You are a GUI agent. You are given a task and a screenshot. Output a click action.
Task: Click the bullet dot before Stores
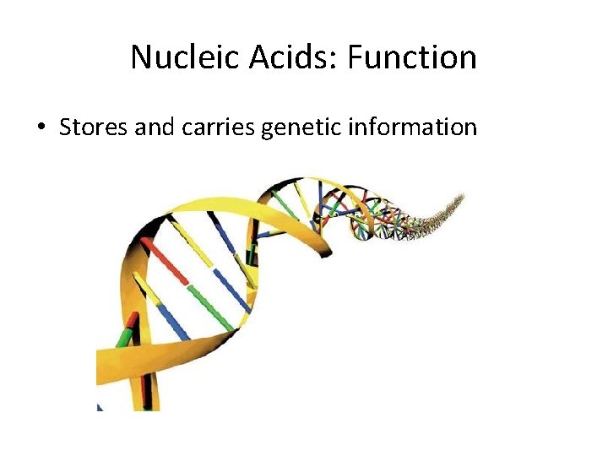(40, 128)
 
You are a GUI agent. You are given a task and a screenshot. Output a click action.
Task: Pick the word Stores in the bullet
(91, 128)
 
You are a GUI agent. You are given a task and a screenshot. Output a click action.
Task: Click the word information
(415, 128)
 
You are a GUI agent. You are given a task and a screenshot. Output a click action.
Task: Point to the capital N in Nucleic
(142, 57)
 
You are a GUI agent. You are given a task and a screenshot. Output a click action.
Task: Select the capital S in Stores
(66, 128)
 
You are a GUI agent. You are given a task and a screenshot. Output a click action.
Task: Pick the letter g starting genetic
(269, 130)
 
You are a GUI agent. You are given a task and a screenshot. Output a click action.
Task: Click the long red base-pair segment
(166, 261)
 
